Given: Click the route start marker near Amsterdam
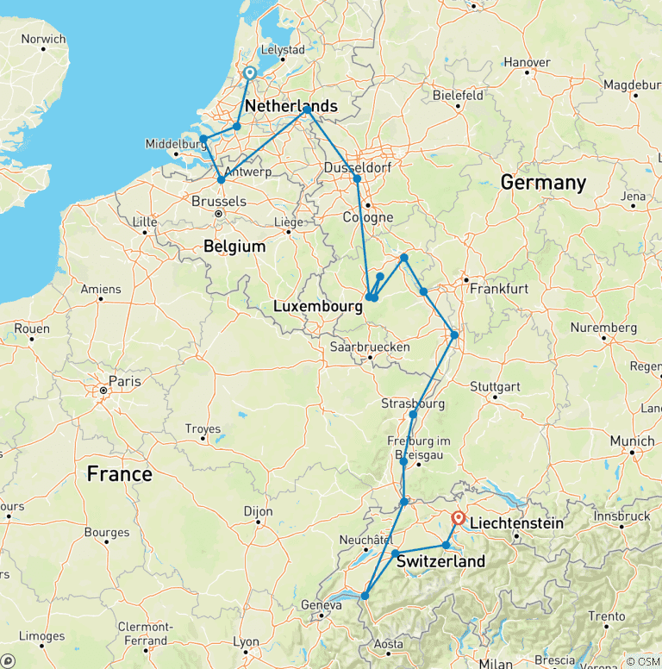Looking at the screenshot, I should click(249, 73).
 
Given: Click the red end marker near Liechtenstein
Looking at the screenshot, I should click(458, 518).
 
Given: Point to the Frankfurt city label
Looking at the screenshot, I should click(498, 289).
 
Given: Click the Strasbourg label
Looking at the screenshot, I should click(412, 403).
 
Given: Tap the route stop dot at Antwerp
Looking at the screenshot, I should click(221, 179).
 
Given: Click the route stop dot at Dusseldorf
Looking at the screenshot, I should click(357, 178).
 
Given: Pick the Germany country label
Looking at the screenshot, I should click(543, 183).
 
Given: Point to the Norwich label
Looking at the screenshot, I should click(43, 39).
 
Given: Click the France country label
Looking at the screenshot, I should click(119, 474).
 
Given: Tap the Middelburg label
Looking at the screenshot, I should click(172, 144).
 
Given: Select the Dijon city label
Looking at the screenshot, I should click(258, 511).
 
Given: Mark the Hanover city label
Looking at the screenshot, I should click(527, 62).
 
